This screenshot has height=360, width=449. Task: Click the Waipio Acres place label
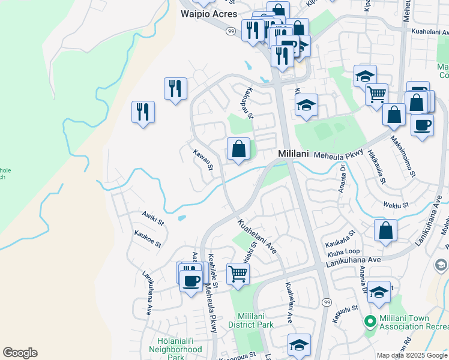pyautogui.click(x=208, y=14)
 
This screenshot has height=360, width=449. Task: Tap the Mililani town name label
pyautogui.click(x=294, y=154)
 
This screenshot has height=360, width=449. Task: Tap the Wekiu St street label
pyautogui.click(x=396, y=205)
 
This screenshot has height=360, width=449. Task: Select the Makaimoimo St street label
pyautogui.click(x=403, y=155)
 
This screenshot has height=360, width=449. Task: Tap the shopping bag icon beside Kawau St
pyautogui.click(x=238, y=148)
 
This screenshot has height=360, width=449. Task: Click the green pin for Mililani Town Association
pyautogui.click(x=370, y=322)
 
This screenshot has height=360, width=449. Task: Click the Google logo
pyautogui.click(x=20, y=353)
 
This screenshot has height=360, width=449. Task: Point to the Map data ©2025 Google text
pyautogui.click(x=412, y=355)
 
